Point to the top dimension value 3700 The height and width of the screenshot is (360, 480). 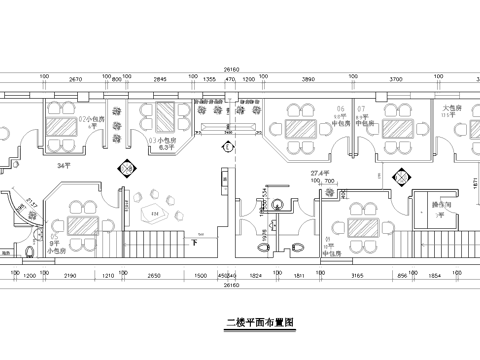click(395, 77)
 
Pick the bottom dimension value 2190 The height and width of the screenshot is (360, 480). click(69, 273)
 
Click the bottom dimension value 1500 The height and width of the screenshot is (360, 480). click(200, 273)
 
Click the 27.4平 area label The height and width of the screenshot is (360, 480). click(321, 172)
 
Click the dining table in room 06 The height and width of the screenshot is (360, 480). click(297, 129)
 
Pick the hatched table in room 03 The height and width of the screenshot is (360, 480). click(159, 117)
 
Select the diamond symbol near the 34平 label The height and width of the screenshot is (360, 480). click(127, 170)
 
